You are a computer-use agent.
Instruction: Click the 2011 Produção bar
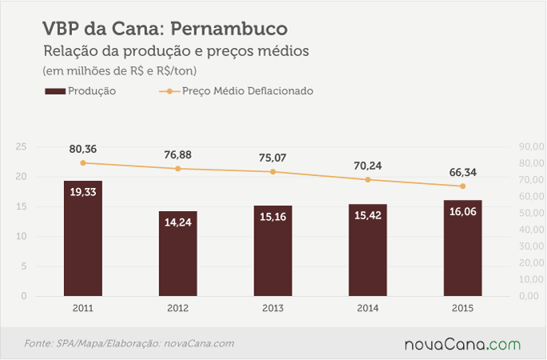click(83, 238)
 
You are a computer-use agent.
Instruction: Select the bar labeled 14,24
click(178, 254)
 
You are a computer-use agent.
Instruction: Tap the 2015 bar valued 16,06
click(462, 248)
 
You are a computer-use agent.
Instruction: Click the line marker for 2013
click(273, 172)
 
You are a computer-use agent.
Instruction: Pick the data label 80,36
click(83, 150)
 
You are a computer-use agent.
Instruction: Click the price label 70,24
click(368, 166)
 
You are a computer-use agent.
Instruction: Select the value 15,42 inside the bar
click(368, 215)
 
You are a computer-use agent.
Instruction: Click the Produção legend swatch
click(55, 91)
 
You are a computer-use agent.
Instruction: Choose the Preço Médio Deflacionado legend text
click(248, 91)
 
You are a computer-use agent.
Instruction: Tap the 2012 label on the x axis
click(178, 308)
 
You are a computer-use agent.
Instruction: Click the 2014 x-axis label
click(368, 308)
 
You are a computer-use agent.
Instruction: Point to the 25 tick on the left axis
click(22, 146)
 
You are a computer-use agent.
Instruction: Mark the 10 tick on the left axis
click(22, 236)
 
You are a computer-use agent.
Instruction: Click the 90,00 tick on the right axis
click(531, 146)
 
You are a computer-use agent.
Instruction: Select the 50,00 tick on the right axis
click(531, 213)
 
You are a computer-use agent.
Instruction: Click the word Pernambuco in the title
click(230, 28)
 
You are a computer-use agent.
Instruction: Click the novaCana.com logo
click(462, 344)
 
